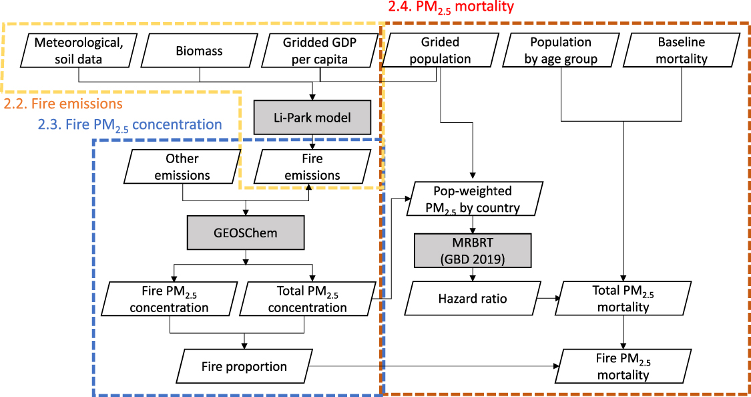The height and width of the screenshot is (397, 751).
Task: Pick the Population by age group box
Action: pyautogui.click(x=561, y=50)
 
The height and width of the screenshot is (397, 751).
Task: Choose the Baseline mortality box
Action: pyautogui.click(x=682, y=50)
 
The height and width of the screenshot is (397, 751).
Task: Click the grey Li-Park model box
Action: pyautogui.click(x=312, y=117)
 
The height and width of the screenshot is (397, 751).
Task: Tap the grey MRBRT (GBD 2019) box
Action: pyautogui.click(x=473, y=250)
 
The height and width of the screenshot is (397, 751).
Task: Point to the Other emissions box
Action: pyautogui.click(x=182, y=167)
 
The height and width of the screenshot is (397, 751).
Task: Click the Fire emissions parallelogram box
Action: pyautogui.click(x=312, y=167)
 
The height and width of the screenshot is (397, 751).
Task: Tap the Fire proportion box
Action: pyautogui.click(x=244, y=366)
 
